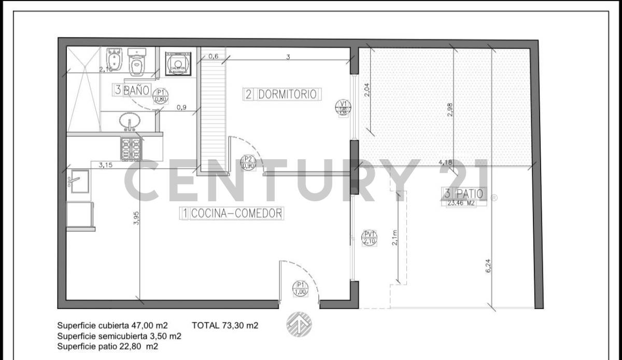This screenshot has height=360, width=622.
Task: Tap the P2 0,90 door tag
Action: [x=248, y=163]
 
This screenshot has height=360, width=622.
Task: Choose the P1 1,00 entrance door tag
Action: [x=300, y=288]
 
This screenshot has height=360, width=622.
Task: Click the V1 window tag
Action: [x=343, y=108]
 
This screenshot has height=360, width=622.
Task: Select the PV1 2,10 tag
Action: [x=370, y=237]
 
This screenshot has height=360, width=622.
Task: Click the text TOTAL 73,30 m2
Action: [x=225, y=326]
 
